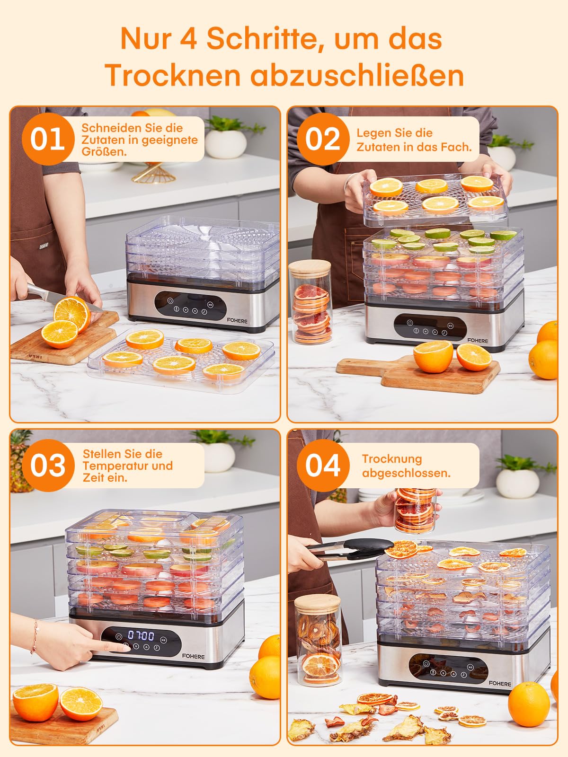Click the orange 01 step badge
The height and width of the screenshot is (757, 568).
coord(48,139)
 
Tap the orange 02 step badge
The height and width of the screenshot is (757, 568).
coord(323,139)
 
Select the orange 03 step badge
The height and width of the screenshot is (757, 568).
coord(48,465)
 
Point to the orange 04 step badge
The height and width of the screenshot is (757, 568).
coord(323,465)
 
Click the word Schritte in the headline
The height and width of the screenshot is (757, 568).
coord(261,39)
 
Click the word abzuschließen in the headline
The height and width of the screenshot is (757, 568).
coord(357,75)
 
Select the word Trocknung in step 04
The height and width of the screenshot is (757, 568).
coord(392,459)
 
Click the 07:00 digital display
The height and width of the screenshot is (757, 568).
coord(141,635)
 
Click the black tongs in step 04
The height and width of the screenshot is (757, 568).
coord(349,549)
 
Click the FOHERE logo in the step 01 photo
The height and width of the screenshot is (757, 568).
coord(237,321)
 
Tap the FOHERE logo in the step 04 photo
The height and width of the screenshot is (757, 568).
coord(500,683)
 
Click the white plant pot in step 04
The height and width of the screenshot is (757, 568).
coord(518,483)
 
